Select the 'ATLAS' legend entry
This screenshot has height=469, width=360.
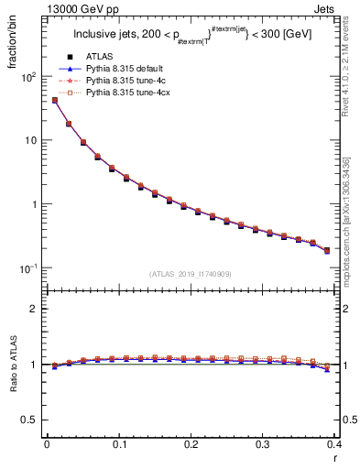tap(123, 57)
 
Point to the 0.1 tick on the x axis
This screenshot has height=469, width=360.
tap(118, 445)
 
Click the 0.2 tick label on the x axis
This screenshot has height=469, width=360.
tap(191, 445)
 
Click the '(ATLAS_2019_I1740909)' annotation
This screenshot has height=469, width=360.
tap(190, 273)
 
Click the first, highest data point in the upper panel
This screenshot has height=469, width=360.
tap(54, 101)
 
